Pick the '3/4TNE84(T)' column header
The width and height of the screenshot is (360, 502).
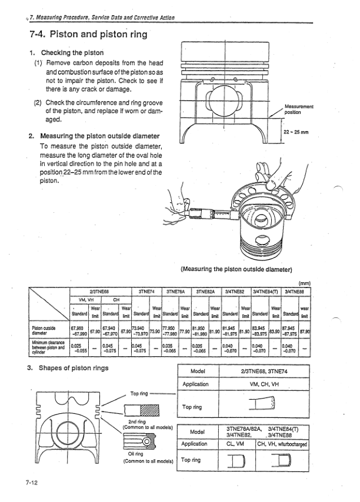pos(266,290)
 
